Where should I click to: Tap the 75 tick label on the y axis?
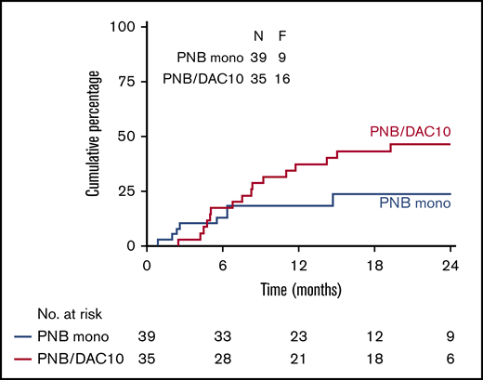127,81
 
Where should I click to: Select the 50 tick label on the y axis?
127,136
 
